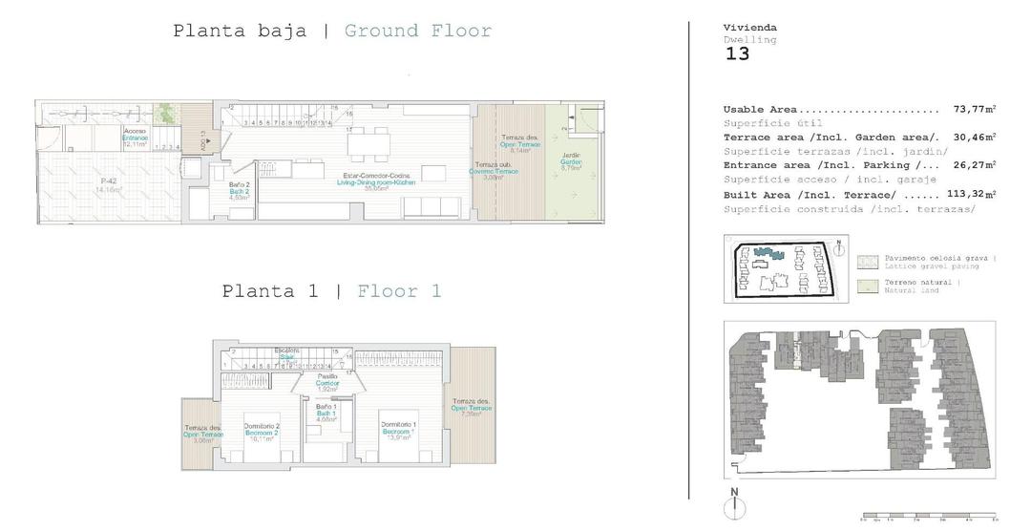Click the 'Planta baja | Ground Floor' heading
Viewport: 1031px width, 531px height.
tap(331, 31)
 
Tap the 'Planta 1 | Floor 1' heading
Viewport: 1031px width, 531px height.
tap(331, 291)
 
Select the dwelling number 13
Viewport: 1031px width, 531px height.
tap(737, 54)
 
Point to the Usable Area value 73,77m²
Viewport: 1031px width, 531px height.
tap(974, 110)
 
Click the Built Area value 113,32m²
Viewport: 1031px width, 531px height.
tap(970, 195)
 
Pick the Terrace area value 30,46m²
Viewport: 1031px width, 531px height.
tap(974, 138)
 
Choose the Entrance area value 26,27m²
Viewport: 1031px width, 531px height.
tap(974, 166)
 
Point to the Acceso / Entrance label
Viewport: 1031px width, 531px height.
tap(135, 134)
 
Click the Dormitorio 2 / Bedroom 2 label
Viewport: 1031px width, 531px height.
tap(261, 432)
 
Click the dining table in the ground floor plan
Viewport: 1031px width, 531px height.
tap(368, 144)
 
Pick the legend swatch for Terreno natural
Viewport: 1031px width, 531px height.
tap(868, 286)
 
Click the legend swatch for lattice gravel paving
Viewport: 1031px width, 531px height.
tap(868, 261)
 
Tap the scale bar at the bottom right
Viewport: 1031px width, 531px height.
tap(928, 516)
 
